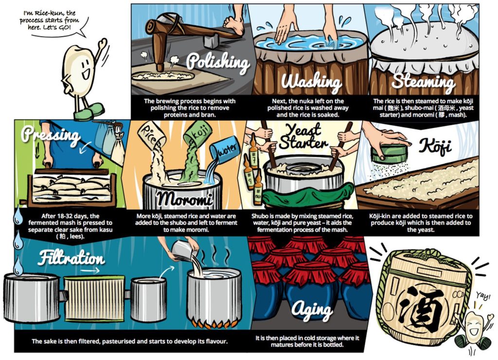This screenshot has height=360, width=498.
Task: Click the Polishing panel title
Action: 218,62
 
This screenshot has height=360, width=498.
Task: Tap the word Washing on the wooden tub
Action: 311,81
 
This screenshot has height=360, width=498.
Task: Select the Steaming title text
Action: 424,81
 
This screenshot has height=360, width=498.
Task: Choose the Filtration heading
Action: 71,257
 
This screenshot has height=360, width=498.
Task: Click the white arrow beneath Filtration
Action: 90,270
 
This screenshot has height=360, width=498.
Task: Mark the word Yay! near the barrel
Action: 483,296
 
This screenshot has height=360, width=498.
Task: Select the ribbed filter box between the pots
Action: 94,297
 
